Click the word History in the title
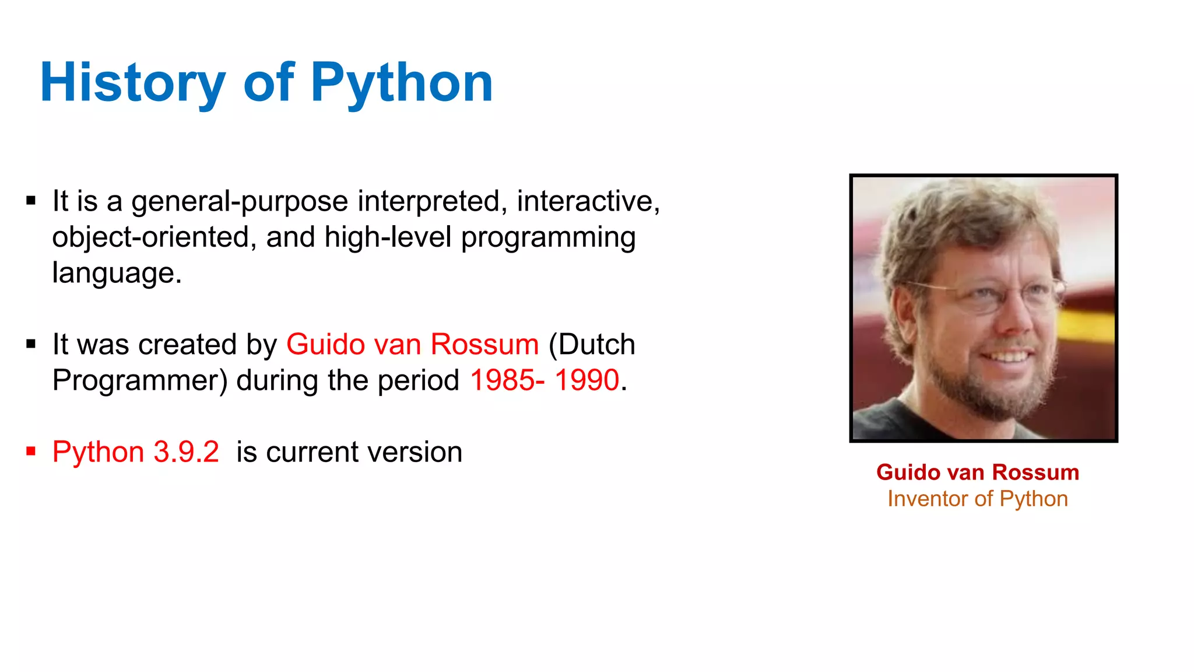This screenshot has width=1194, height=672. [133, 83]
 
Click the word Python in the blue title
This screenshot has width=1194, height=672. [402, 83]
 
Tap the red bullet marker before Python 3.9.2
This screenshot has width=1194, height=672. [31, 451]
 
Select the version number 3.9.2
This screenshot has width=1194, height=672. [186, 452]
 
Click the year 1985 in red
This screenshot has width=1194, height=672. [503, 380]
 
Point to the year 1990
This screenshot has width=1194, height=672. [587, 380]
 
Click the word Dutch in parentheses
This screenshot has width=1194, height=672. [597, 344]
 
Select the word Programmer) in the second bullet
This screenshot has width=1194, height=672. [140, 380]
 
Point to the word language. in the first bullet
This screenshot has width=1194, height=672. [117, 273]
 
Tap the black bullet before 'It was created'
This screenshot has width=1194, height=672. [31, 344]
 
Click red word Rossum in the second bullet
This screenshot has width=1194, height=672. [484, 344]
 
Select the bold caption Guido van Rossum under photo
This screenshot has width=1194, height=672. [978, 472]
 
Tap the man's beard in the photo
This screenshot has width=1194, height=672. [985, 391]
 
